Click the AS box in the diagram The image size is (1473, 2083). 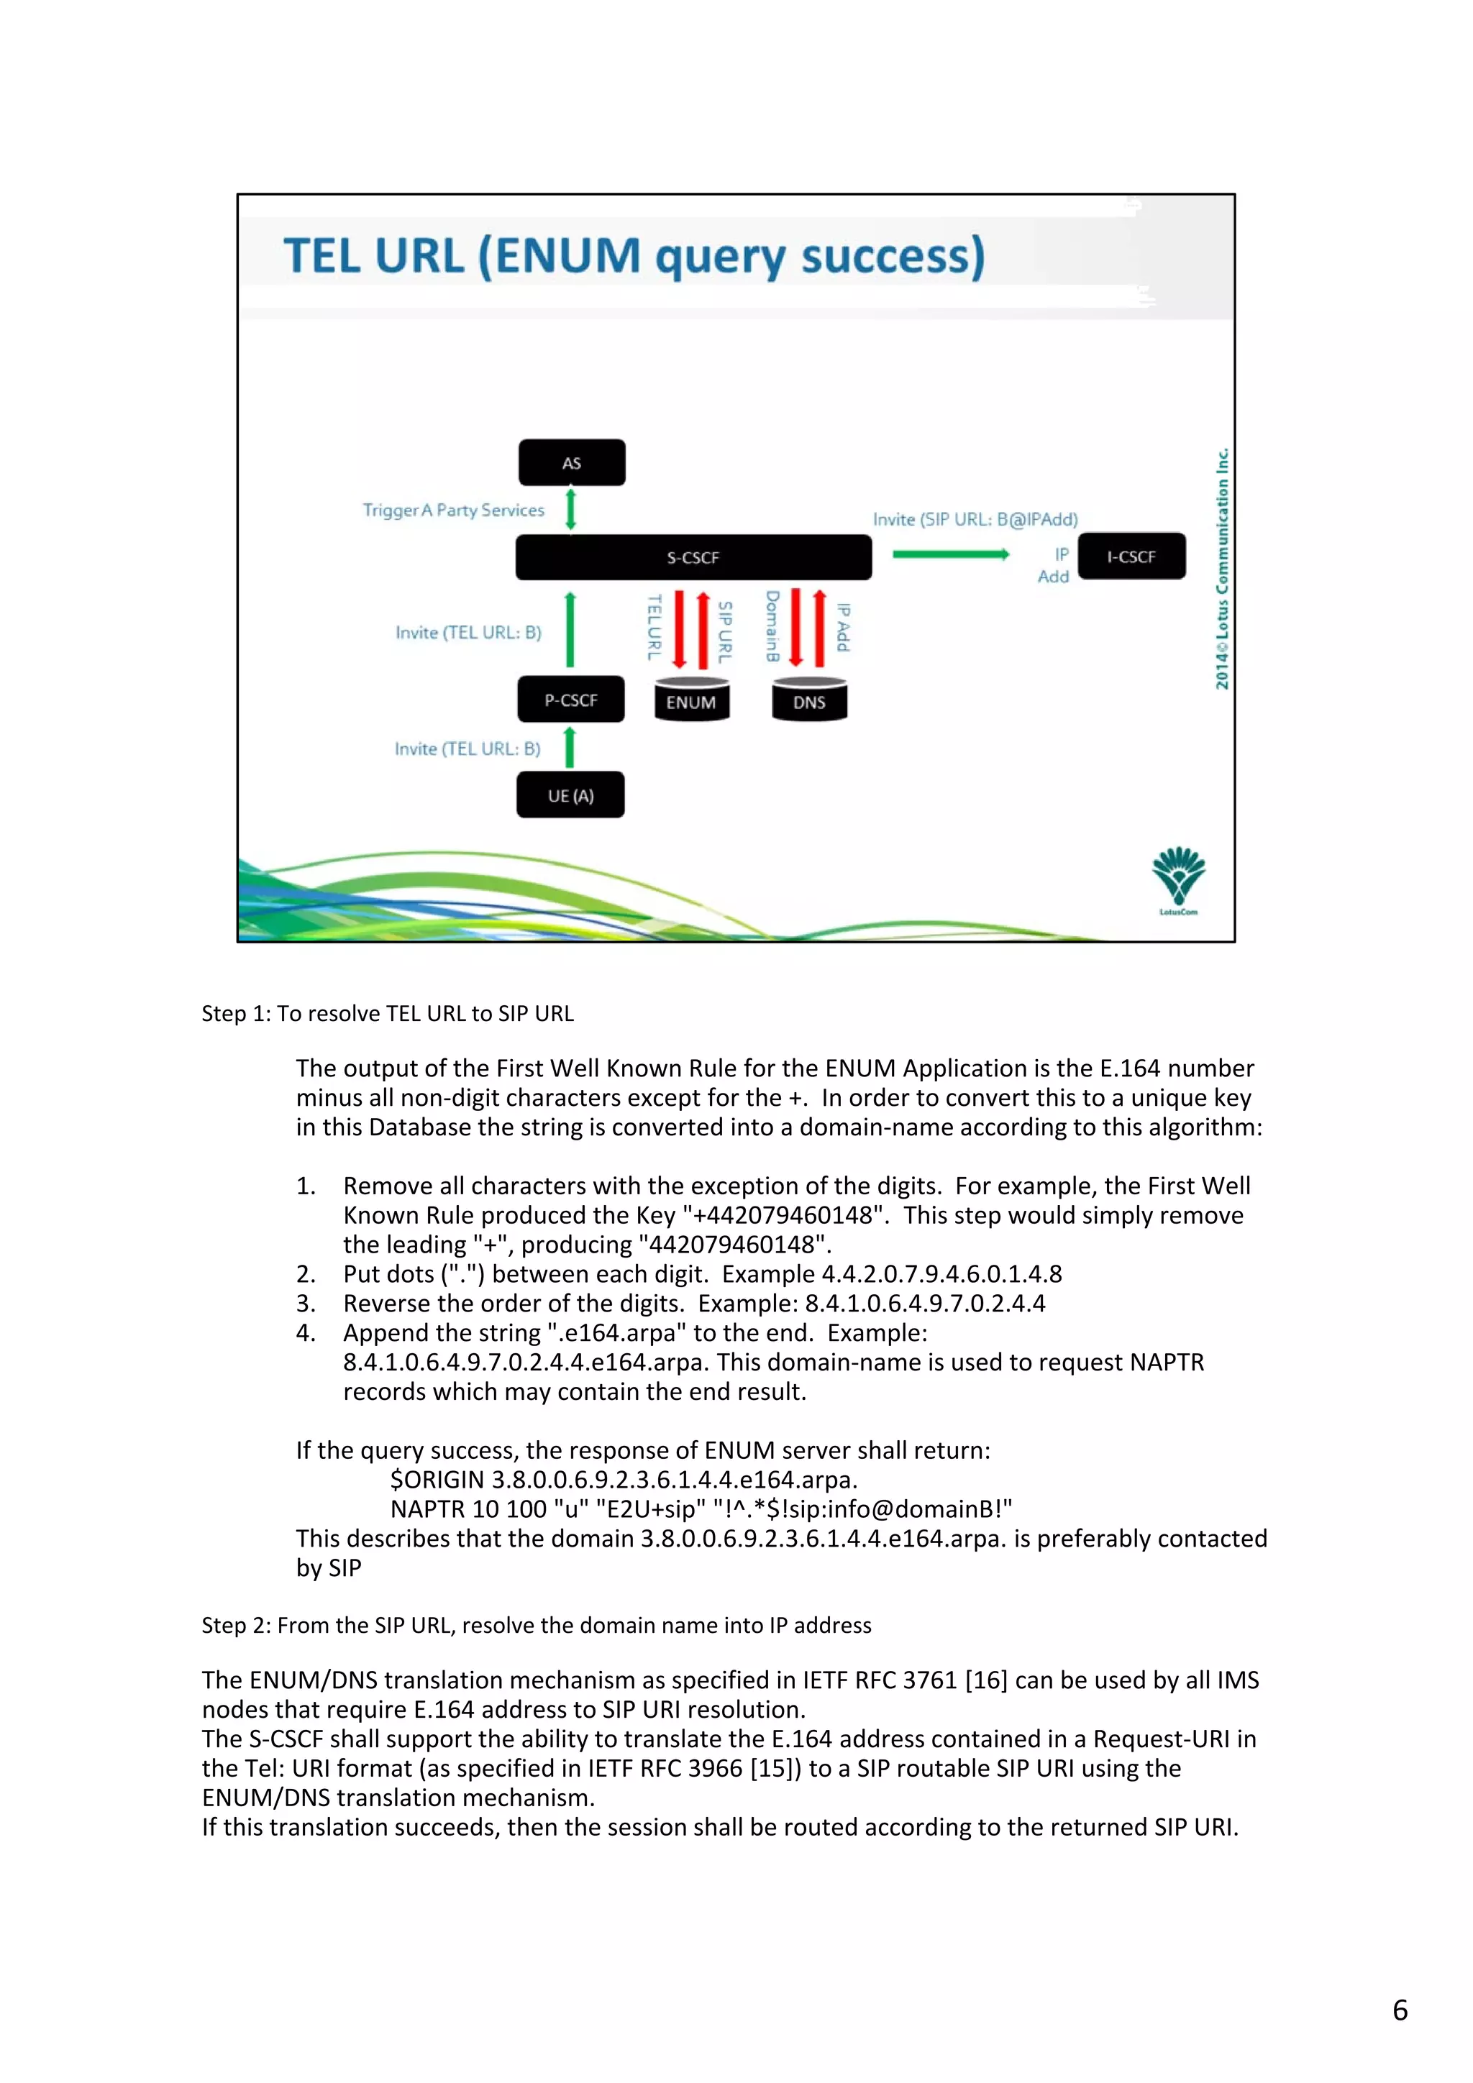click(x=571, y=462)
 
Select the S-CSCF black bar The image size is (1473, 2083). click(x=693, y=557)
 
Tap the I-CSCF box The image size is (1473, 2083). click(x=1131, y=556)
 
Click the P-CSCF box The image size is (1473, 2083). click(x=571, y=700)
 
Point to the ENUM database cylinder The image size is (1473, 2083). click(x=692, y=700)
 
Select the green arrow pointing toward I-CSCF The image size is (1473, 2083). click(x=950, y=554)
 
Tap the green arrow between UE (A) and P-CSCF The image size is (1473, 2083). click(x=570, y=748)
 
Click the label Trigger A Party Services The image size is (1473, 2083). click(x=453, y=510)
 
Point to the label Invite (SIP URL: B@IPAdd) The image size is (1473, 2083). click(x=975, y=519)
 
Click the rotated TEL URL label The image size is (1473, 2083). click(x=654, y=627)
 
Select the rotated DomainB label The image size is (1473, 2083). click(x=772, y=626)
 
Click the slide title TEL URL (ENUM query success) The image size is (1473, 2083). click(x=634, y=256)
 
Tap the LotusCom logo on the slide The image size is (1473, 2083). click(x=1178, y=878)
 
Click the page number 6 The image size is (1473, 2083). click(x=1400, y=2010)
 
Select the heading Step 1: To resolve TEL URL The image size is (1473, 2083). click(x=388, y=1013)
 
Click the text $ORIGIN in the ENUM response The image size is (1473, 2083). click(x=437, y=1480)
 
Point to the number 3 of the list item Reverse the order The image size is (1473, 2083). click(x=305, y=1304)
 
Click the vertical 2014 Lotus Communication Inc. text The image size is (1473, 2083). click(x=1223, y=569)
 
